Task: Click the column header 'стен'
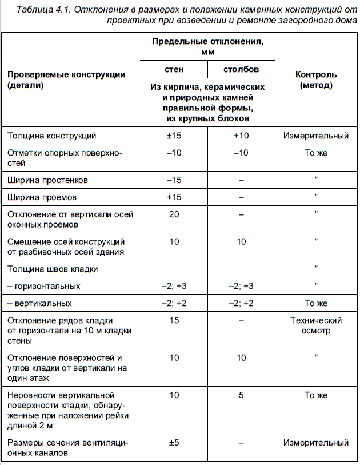coord(174,70)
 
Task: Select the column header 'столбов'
coord(241,70)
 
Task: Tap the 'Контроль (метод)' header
coord(315,80)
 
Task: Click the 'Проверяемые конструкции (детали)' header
coord(66,80)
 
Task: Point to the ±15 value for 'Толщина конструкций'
coord(174,136)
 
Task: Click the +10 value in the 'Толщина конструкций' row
coord(241,136)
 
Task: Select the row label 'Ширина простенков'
coord(47,180)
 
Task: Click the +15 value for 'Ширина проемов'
coord(174,197)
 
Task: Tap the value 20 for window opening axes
coord(174,214)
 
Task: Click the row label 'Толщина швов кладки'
coord(53,269)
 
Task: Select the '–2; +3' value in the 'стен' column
coord(174,286)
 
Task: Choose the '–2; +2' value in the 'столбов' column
coord(241,303)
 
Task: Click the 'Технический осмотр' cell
coord(315,325)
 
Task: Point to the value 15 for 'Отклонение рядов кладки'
coord(174,320)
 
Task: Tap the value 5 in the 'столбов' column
coord(241,395)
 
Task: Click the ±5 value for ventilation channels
coord(174,443)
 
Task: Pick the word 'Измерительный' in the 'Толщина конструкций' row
coord(315,136)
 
